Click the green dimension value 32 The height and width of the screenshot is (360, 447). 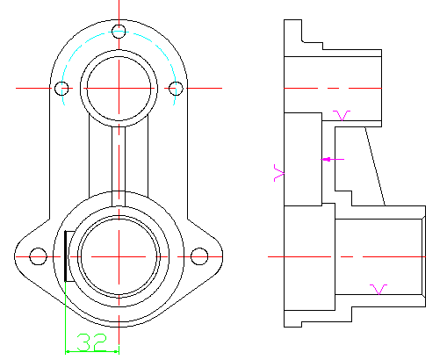point(92,342)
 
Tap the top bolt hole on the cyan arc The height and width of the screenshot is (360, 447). point(119,32)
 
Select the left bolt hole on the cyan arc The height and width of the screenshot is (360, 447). point(61,88)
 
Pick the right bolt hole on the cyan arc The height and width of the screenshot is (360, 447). point(176,88)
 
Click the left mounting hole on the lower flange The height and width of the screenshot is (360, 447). point(38,256)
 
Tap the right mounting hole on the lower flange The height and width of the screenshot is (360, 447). point(199,256)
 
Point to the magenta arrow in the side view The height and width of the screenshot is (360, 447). point(333,160)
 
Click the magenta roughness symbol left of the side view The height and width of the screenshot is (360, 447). point(279,173)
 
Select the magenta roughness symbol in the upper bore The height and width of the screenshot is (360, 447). point(342,116)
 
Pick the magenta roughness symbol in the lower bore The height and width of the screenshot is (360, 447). point(379,290)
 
